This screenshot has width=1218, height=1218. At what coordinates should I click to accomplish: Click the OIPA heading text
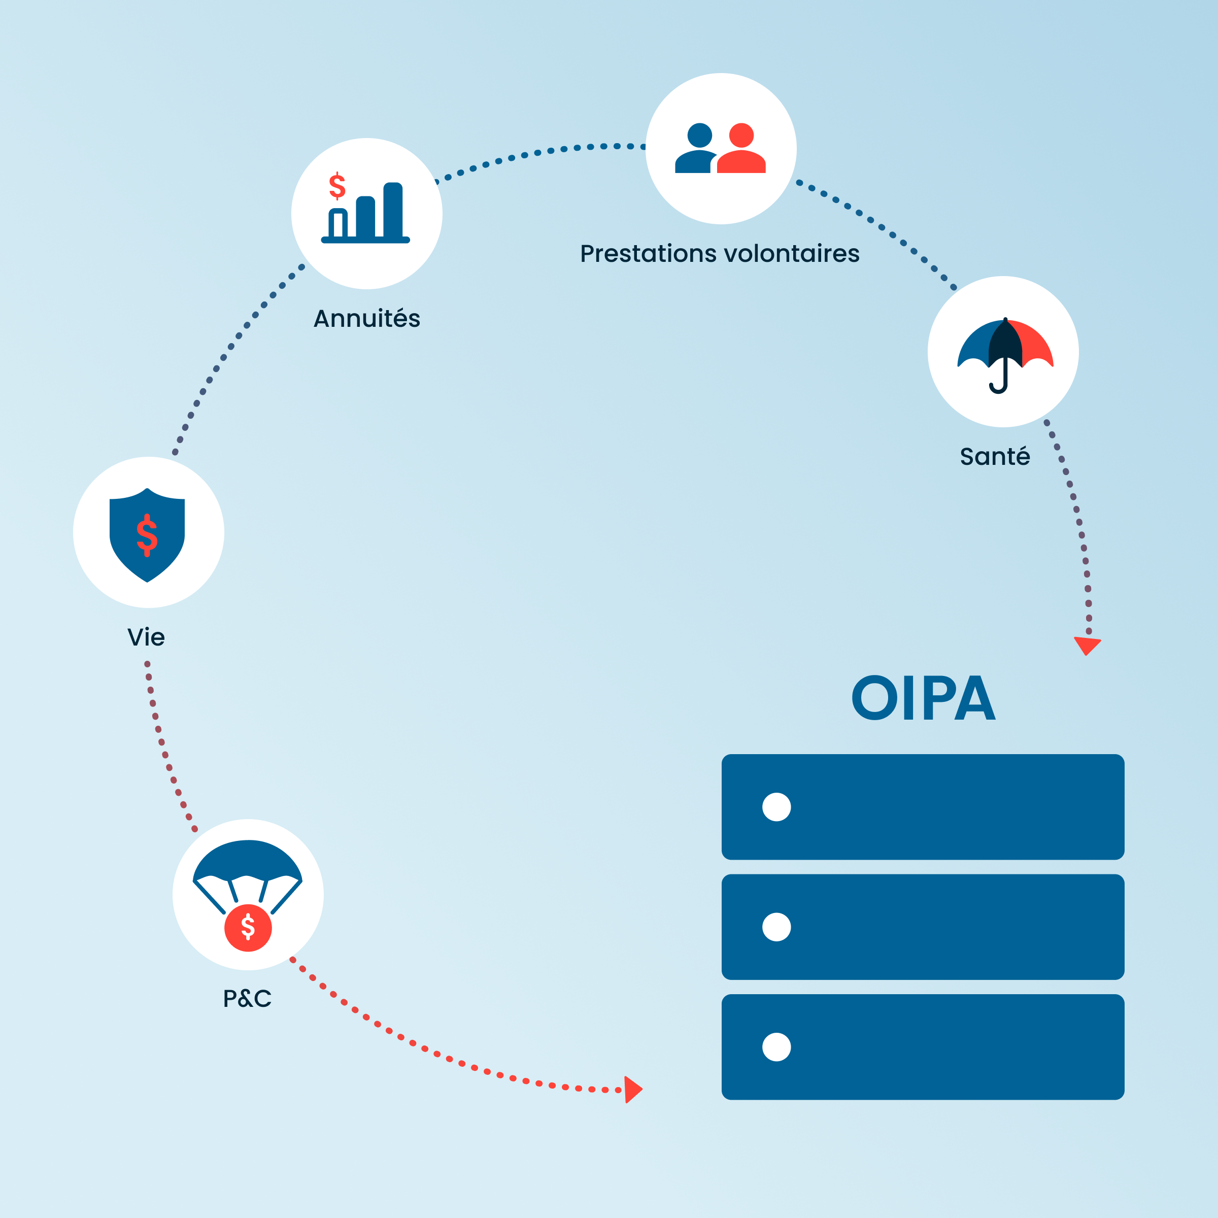point(923,698)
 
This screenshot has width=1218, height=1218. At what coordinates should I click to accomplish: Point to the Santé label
point(995,456)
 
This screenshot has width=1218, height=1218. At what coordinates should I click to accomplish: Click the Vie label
point(146,637)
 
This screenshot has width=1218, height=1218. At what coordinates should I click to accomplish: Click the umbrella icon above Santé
point(1005,353)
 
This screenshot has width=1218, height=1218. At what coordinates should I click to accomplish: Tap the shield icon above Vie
point(147,534)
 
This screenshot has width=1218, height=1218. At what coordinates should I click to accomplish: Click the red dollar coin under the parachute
point(248,927)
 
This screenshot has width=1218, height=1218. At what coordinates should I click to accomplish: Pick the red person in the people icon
point(741,149)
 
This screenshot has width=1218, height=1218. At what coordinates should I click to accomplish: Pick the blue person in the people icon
point(697,149)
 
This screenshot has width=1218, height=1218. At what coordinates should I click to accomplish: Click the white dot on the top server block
point(776,807)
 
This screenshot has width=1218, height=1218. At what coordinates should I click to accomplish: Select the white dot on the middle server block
point(776,927)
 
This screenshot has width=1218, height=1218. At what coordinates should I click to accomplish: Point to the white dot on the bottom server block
point(776,1047)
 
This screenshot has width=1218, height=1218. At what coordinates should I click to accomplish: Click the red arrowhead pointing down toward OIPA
point(1087,645)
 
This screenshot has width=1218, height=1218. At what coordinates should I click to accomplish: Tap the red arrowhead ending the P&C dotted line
point(632,1090)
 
